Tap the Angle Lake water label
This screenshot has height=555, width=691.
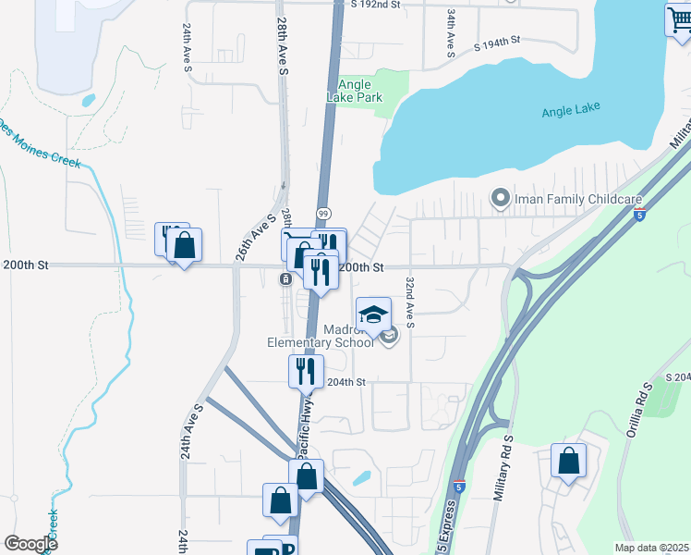coord(570,111)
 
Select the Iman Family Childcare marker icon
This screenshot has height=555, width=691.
coord(500,198)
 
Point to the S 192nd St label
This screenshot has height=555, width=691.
coord(376,5)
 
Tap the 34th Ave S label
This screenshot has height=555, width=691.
coord(450,32)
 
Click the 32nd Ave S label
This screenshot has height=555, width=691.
coord(410,301)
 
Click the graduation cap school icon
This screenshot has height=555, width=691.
coord(373,314)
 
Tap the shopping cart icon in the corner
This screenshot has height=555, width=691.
coord(679,19)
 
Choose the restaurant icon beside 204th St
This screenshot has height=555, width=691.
coord(306,371)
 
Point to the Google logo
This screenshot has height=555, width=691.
coord(30,544)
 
